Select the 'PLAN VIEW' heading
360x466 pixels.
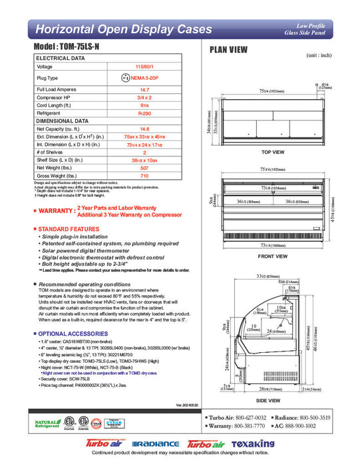click(x=230, y=50)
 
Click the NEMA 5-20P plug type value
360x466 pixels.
click(x=144, y=78)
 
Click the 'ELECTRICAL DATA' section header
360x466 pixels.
click(x=60, y=59)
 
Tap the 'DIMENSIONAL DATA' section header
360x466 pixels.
click(x=63, y=121)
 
